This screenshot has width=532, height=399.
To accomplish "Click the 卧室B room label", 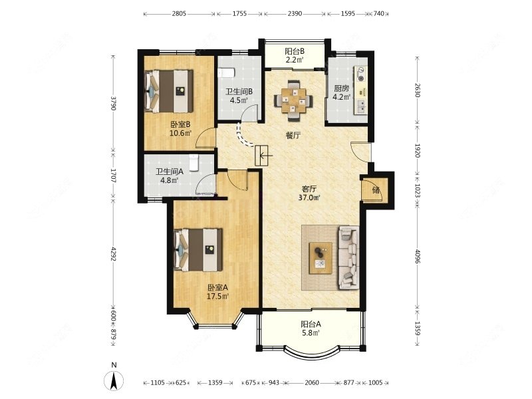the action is point(180,124).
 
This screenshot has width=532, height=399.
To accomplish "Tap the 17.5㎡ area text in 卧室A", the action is point(218,296).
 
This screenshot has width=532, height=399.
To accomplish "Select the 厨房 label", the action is point(341,88).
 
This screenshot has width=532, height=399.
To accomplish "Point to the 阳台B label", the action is point(295,52).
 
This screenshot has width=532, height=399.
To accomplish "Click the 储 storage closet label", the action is point(376,190).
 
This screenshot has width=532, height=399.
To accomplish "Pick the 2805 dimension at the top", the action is point(179,14).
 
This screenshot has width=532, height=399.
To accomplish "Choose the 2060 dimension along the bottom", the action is point(312,383).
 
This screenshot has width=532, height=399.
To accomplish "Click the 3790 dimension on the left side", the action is point(114,103).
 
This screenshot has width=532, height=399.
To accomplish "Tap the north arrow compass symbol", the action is point(114,380).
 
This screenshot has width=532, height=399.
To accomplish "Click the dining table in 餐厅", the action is point(293,100).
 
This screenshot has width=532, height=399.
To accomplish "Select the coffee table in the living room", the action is point(321,258).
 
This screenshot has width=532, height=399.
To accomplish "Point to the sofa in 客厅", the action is point(348,258).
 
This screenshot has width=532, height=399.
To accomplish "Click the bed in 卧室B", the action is point(169,91).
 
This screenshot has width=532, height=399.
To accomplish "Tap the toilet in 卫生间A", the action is point(194,162).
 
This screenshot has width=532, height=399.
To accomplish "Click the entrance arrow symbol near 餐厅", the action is point(262,156).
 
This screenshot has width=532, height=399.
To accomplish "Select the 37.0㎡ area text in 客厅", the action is point(309,198).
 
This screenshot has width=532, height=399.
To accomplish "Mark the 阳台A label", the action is point(311,325).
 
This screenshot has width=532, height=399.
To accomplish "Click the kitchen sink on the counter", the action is point(361,106).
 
